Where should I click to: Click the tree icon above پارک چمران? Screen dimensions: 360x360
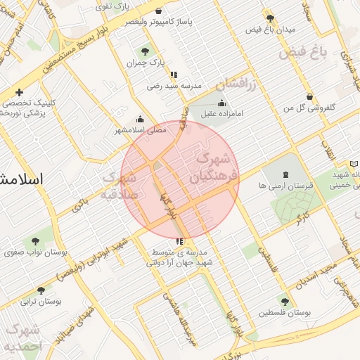click(145, 51)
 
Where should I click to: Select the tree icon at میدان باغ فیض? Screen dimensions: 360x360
click(270, 18)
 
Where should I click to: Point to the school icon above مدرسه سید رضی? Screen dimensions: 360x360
click(174, 74)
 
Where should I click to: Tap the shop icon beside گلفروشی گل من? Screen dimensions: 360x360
click(309, 96)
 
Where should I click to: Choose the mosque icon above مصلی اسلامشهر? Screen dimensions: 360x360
click(140, 119)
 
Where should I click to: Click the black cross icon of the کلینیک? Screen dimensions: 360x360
click(19, 92)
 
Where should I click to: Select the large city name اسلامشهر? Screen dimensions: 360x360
click(21, 179)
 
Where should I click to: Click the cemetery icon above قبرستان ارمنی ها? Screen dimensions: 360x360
click(285, 174)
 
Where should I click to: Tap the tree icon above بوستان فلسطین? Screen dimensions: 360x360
click(285, 301)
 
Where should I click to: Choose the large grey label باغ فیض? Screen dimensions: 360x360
click(303, 51)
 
